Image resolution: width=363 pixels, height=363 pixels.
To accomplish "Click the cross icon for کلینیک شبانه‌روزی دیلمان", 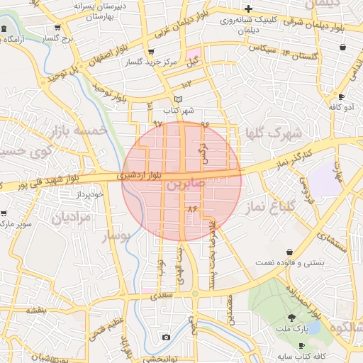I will tap(248, 8).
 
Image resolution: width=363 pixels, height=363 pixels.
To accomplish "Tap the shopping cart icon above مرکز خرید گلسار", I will tap(150, 52).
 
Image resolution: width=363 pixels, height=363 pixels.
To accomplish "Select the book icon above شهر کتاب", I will tap(178, 99).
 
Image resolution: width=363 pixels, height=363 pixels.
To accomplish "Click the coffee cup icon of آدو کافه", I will tap(341, 96).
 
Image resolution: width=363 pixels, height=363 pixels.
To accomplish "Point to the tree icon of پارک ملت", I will tap(291, 318).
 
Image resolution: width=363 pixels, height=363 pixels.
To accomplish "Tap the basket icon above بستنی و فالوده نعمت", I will tap(290, 252).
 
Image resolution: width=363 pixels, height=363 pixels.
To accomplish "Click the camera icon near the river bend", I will tap(166, 337).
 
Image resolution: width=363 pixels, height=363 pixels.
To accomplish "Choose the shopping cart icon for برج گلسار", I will tap(57, 28).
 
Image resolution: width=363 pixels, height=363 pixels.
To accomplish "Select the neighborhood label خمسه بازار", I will tap(78, 130).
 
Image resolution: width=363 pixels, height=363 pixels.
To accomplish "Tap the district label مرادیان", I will tap(71, 216).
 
